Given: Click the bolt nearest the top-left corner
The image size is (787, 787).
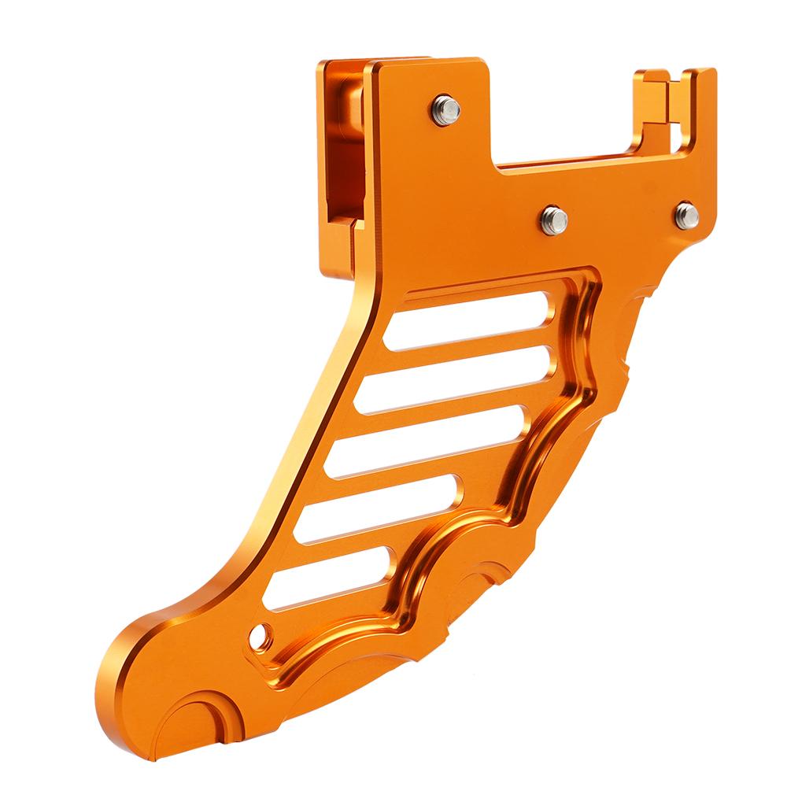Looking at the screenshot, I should [445, 109].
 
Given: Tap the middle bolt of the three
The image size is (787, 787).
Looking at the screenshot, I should [554, 220].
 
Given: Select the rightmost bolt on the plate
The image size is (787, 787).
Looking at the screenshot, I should [686, 214].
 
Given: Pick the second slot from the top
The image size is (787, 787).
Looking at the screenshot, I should [449, 379].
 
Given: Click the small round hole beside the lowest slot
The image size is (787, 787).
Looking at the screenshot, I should [260, 634].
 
